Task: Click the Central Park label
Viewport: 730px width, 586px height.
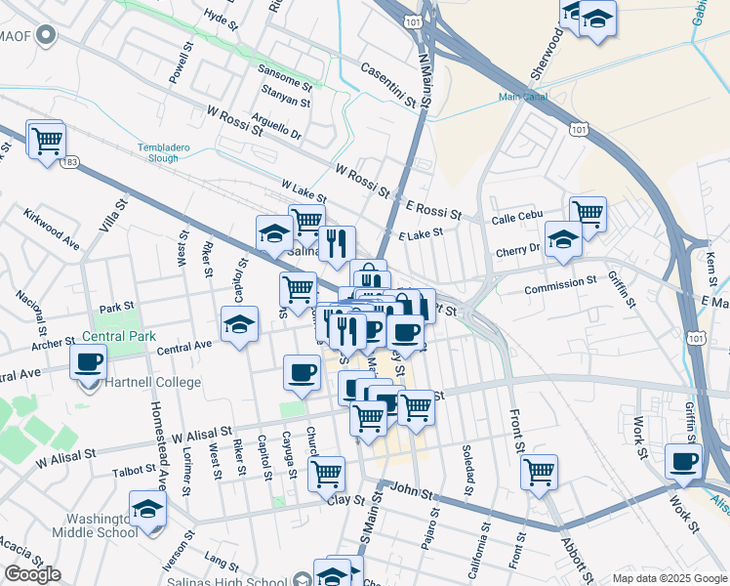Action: tap(119, 337)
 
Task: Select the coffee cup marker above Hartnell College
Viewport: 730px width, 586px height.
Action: tap(88, 362)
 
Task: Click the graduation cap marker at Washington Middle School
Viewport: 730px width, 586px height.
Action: tap(147, 509)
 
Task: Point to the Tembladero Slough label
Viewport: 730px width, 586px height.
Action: tap(143, 152)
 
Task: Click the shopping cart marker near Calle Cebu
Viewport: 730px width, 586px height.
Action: tap(588, 212)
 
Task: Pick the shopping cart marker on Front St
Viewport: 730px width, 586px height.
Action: tap(539, 473)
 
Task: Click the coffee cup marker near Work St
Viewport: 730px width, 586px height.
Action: tap(683, 461)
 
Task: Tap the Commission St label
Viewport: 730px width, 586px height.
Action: tap(559, 282)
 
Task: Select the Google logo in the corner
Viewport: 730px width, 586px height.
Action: tap(32, 574)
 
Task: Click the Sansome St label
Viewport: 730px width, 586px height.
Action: tap(284, 69)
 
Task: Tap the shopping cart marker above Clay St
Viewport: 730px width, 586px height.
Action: tap(327, 475)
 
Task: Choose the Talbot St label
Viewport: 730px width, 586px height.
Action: tap(134, 470)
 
